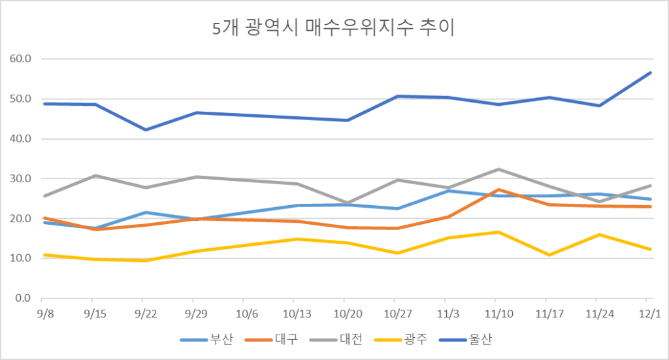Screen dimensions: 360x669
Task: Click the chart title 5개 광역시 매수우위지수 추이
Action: pyautogui.click(x=334, y=28)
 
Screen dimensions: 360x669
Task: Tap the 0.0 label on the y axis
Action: pyautogui.click(x=24, y=298)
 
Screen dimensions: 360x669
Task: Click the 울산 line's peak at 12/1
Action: pyautogui.click(x=651, y=73)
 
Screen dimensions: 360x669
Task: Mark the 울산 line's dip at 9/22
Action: pyautogui.click(x=146, y=129)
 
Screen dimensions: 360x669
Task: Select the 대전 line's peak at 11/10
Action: pyautogui.click(x=498, y=169)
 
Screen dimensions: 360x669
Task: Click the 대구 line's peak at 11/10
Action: pyautogui.click(x=498, y=189)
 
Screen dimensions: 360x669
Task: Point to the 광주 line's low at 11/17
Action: pyautogui.click(x=549, y=255)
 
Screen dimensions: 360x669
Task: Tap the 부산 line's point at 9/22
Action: pyautogui.click(x=146, y=212)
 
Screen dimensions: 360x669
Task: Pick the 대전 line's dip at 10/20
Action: pyautogui.click(x=347, y=203)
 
